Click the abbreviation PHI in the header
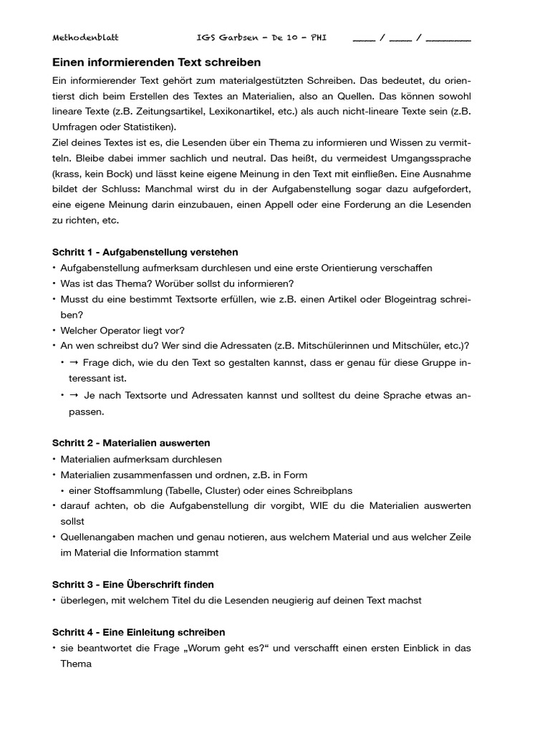point(318,37)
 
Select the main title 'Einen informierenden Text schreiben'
point(156,62)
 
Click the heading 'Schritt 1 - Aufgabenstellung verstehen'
point(145,252)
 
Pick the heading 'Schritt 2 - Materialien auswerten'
point(131,443)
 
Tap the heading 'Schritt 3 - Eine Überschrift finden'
point(133,585)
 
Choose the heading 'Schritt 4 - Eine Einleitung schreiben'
point(139,632)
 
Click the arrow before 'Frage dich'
point(74,362)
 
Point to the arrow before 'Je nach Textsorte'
point(74,395)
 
